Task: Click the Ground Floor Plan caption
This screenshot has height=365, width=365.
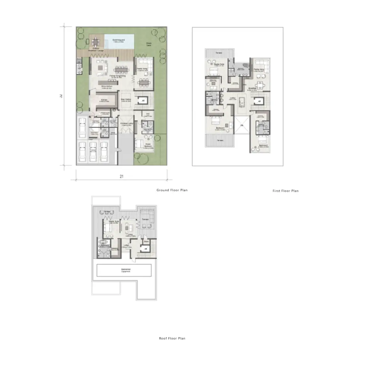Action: [x=172, y=190]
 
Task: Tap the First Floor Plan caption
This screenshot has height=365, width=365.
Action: [x=285, y=191]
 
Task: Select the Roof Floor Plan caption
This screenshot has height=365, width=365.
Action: [x=172, y=338]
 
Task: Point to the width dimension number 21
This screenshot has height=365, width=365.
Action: [x=121, y=177]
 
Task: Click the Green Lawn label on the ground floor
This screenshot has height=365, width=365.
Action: [x=149, y=44]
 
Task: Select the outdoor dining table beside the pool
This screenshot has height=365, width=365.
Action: [x=96, y=42]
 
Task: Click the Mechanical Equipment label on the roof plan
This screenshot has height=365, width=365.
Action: [x=126, y=270]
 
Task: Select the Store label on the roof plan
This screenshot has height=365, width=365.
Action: [x=146, y=242]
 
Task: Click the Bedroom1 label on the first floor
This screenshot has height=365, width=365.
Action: [x=220, y=128]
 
